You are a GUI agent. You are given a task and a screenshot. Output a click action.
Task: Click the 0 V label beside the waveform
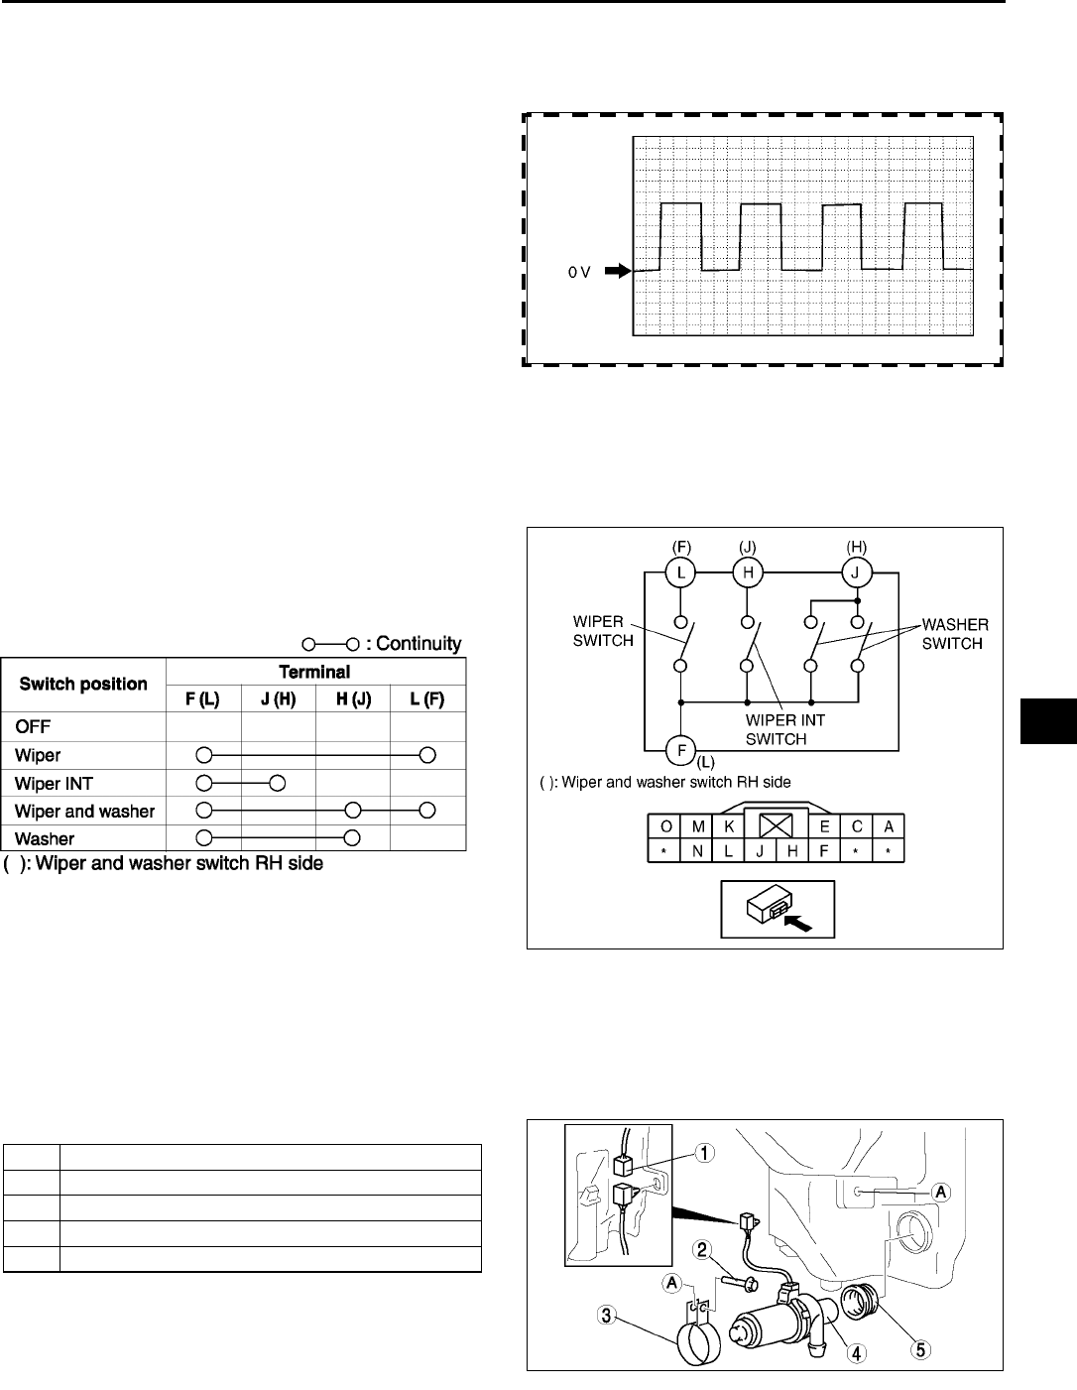click(579, 272)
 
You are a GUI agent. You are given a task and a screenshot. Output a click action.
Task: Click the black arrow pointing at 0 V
click(616, 270)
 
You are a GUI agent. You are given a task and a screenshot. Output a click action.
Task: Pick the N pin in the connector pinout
click(698, 850)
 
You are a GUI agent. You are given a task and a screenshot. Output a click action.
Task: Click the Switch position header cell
click(83, 684)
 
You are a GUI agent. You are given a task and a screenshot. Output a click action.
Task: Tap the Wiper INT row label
click(54, 783)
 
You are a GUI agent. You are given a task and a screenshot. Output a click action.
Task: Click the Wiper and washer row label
click(84, 811)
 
